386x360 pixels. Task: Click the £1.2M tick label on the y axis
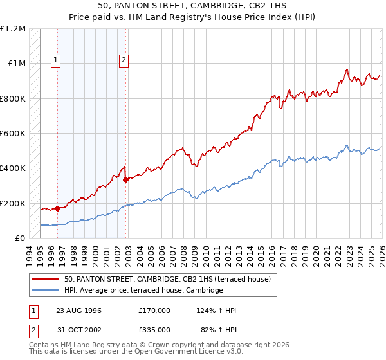click(13, 29)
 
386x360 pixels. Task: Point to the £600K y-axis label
click(13, 134)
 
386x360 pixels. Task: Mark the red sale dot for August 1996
click(58, 208)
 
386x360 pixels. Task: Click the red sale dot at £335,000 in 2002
click(125, 180)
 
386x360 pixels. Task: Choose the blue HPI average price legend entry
click(143, 291)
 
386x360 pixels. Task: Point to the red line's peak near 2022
click(347, 69)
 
